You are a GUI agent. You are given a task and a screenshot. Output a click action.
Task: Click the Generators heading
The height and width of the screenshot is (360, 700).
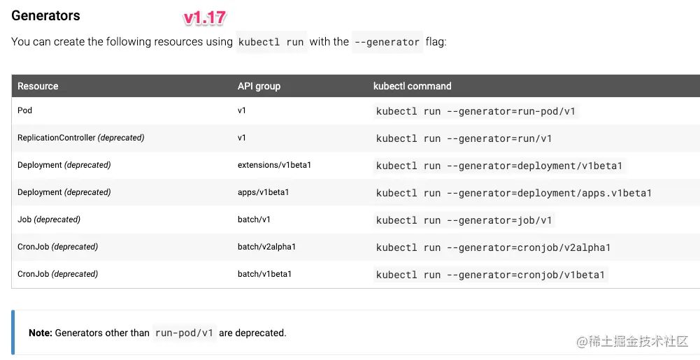(x=45, y=15)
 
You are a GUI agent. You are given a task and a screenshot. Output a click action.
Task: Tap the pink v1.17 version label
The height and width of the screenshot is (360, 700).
(x=205, y=18)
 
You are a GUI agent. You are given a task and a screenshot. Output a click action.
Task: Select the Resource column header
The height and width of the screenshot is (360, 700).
(x=38, y=86)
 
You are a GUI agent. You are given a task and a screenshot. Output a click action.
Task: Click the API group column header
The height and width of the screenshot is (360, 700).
(x=259, y=86)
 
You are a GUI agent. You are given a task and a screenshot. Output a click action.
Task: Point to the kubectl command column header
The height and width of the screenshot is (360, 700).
(x=412, y=86)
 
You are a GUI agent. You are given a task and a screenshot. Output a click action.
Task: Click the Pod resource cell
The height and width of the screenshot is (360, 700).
(x=24, y=110)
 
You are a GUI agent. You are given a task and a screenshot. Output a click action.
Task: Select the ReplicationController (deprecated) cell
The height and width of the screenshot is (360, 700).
(x=81, y=138)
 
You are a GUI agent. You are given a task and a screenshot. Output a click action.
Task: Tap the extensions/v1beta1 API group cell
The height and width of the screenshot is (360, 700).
(x=274, y=165)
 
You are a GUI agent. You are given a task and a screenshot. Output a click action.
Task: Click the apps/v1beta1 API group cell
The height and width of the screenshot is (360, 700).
(x=264, y=192)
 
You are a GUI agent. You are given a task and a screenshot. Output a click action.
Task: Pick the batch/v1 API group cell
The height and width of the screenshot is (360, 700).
(x=254, y=219)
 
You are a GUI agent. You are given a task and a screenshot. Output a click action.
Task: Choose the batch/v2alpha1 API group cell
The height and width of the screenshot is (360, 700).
(x=266, y=247)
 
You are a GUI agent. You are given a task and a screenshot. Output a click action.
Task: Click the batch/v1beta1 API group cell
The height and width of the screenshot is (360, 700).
(x=264, y=274)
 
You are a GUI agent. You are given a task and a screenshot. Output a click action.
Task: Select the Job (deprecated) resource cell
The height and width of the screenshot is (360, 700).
(x=49, y=219)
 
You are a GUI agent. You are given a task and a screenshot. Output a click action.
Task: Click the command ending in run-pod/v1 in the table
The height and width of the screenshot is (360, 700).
(x=476, y=111)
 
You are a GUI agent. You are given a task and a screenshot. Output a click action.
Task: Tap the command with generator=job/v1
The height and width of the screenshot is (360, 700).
(x=464, y=220)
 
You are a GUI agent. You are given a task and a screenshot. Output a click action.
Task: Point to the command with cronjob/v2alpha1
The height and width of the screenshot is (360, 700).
(x=493, y=247)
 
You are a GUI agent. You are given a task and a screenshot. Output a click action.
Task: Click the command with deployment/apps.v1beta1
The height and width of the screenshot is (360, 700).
(x=513, y=193)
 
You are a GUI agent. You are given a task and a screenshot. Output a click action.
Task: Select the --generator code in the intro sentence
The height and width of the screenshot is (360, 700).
(x=387, y=42)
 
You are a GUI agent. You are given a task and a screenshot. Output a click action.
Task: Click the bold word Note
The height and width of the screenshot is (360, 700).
(x=41, y=333)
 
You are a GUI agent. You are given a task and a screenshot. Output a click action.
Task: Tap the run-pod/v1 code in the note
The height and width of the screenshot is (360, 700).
(x=184, y=333)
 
